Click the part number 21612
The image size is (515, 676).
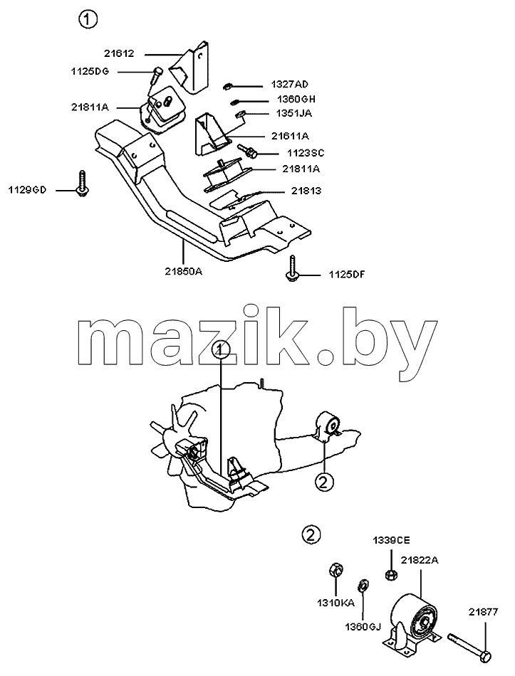(119, 53)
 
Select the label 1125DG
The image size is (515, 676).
(90, 71)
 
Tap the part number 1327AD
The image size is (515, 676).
(290, 84)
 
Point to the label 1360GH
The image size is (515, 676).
(296, 99)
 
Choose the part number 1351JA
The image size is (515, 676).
(293, 113)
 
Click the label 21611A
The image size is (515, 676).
(290, 136)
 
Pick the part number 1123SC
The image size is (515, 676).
(306, 153)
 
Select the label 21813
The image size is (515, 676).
(306, 191)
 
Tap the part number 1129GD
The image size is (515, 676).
(27, 190)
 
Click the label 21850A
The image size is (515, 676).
(184, 272)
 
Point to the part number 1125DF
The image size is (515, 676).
(347, 274)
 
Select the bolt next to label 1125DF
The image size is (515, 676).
(293, 268)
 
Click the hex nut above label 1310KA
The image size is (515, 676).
(335, 571)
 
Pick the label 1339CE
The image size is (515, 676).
(392, 541)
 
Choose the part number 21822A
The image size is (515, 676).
(419, 560)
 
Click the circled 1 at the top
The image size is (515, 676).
(88, 19)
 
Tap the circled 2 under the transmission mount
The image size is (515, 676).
(325, 482)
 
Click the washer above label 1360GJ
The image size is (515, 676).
(363, 586)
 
